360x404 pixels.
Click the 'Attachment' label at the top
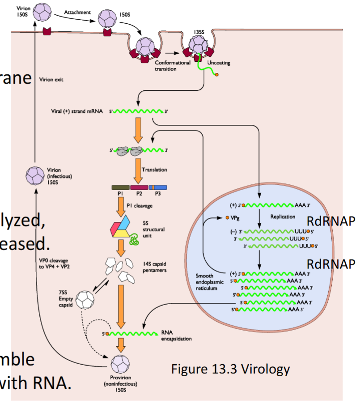(76, 12)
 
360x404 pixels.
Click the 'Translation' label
(154, 170)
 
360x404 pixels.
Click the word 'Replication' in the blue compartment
(283, 216)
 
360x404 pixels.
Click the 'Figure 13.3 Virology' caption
(231, 369)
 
